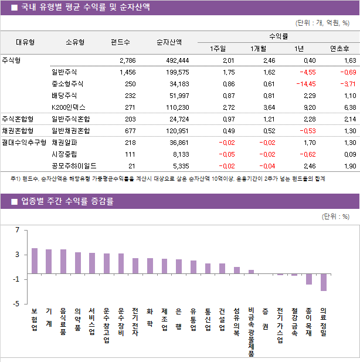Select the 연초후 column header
(x=339, y=48)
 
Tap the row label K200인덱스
(x=68, y=107)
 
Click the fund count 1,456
(x=127, y=72)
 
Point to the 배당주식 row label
(x=64, y=96)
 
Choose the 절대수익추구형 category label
(x=23, y=142)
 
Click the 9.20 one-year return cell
(x=308, y=107)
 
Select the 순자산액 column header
(x=169, y=42)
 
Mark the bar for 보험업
(x=35, y=261)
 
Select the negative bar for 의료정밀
(x=324, y=282)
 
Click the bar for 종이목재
(x=309, y=279)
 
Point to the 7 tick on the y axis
(x=18, y=230)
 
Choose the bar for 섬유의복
(x=237, y=270)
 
